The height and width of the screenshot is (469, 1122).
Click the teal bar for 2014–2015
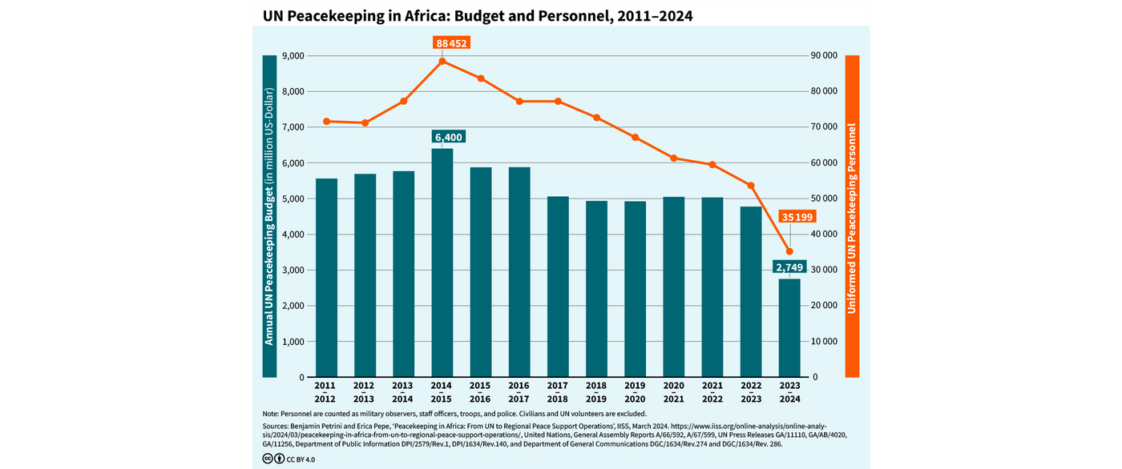442,264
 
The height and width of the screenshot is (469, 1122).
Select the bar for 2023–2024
789,328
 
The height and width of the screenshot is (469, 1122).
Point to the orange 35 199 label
797,217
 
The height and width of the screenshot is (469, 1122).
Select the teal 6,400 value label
449,138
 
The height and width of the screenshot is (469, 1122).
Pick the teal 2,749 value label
789,267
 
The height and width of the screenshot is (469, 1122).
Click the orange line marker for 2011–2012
327,122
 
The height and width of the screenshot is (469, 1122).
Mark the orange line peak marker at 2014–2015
442,62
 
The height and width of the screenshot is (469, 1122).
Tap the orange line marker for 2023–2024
789,251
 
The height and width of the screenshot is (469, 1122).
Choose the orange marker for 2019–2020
636,138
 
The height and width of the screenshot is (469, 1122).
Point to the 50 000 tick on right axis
825,198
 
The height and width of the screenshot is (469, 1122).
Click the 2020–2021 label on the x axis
674,392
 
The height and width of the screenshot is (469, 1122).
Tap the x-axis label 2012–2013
365,392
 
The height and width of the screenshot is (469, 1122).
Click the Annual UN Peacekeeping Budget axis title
269,216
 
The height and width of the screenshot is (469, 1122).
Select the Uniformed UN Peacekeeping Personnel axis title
852,216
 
